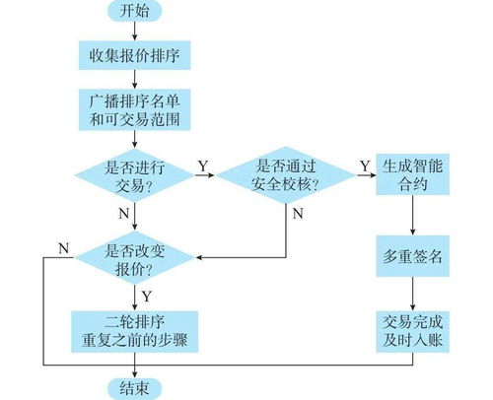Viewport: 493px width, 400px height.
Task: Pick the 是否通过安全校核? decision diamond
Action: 285,177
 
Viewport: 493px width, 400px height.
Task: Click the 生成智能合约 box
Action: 413,177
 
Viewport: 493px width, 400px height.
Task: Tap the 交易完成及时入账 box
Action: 413,330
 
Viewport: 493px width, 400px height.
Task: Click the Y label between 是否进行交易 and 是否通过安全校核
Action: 203,165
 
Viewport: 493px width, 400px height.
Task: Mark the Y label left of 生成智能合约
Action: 362,165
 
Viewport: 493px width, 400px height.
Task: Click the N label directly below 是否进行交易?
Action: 122,214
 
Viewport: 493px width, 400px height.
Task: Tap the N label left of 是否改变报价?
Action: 64,246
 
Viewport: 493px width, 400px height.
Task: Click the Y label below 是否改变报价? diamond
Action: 147,294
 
